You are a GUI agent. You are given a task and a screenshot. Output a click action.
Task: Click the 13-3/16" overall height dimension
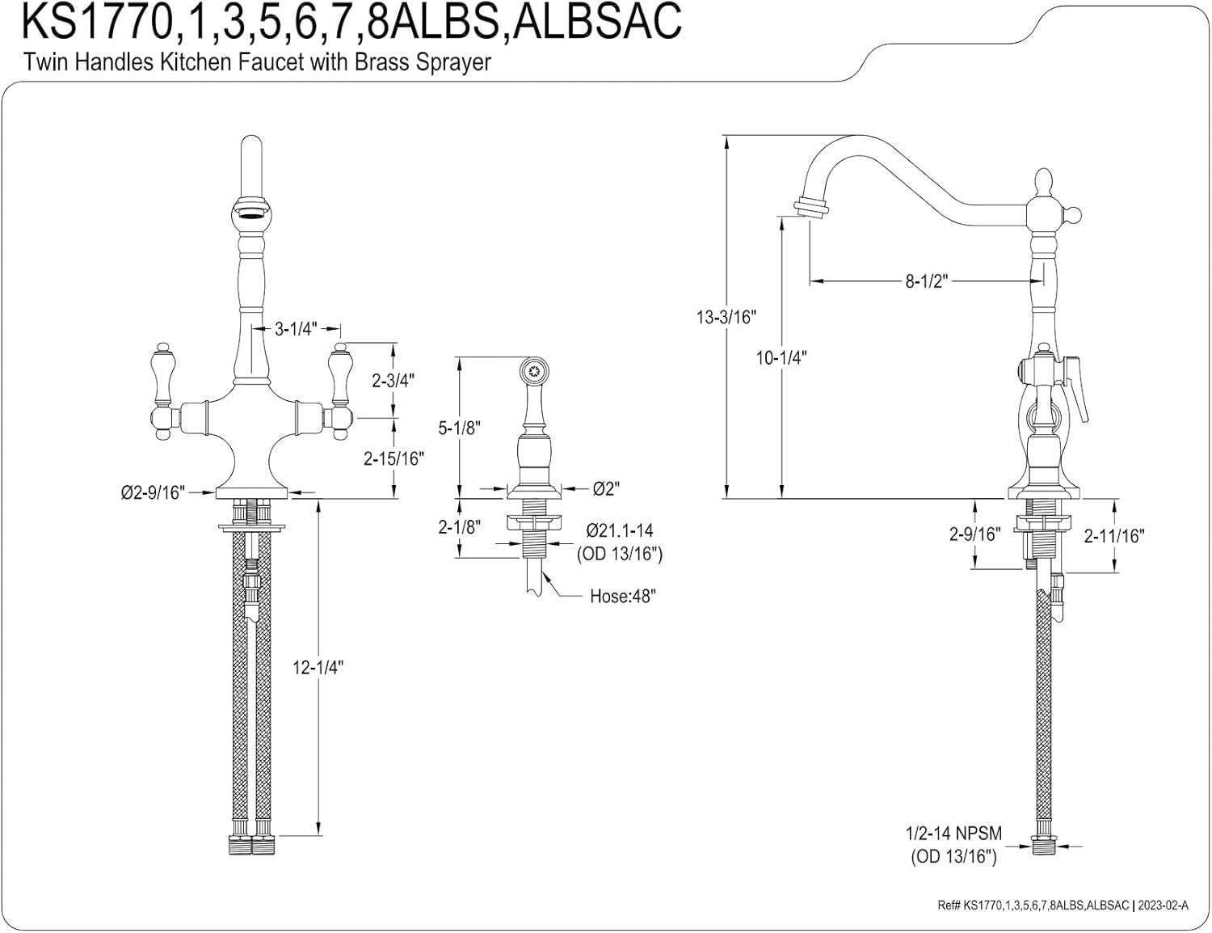click(726, 318)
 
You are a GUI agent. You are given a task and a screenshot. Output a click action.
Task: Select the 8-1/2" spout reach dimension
click(927, 281)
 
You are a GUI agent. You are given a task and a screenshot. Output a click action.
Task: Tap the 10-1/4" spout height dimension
click(781, 357)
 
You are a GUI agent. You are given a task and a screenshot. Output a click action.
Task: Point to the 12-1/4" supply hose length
click(318, 667)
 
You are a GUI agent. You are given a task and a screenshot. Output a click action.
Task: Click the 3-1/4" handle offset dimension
click(296, 329)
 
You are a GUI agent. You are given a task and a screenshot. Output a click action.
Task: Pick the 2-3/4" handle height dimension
click(393, 381)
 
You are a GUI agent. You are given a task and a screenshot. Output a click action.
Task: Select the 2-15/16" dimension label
click(393, 458)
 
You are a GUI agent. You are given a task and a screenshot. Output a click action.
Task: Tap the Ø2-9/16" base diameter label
click(153, 492)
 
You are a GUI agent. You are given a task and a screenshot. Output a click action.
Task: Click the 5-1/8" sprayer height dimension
click(460, 429)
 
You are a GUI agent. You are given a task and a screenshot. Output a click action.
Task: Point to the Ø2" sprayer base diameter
click(606, 489)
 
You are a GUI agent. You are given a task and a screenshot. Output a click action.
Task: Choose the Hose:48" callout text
click(623, 597)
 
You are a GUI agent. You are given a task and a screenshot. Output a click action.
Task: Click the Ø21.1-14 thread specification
click(619, 530)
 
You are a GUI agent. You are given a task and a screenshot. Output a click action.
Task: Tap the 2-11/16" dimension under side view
click(1114, 536)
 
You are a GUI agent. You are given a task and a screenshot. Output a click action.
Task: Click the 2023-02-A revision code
click(1164, 906)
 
